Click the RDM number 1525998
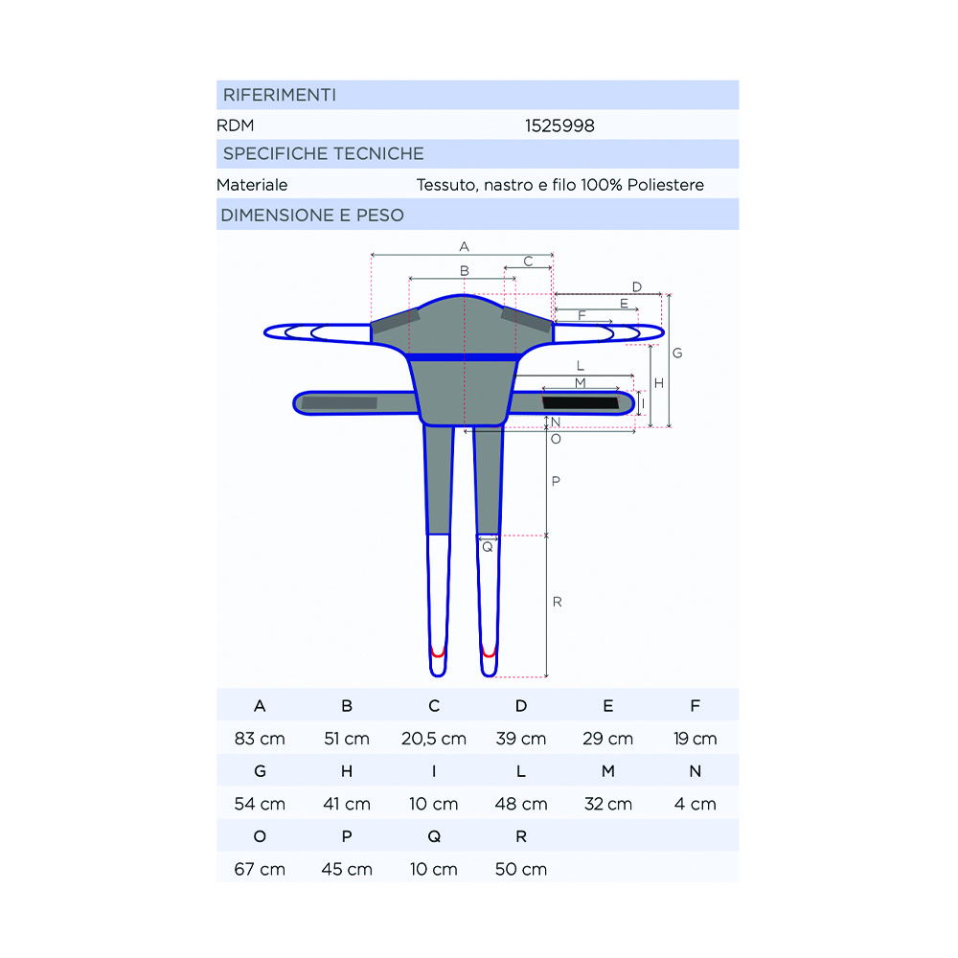pyautogui.click(x=559, y=125)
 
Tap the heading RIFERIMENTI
pyautogui.click(x=279, y=95)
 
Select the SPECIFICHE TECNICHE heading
pyautogui.click(x=323, y=153)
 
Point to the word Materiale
pyautogui.click(x=252, y=185)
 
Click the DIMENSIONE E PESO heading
pyautogui.click(x=312, y=215)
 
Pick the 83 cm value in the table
pyautogui.click(x=260, y=739)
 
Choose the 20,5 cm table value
pyautogui.click(x=434, y=739)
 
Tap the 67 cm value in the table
pyautogui.click(x=260, y=869)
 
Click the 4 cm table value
pyautogui.click(x=696, y=804)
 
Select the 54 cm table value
pyautogui.click(x=260, y=804)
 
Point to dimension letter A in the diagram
pyautogui.click(x=464, y=247)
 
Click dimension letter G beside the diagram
pyautogui.click(x=677, y=354)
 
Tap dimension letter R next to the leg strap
pyautogui.click(x=557, y=602)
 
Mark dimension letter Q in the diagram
pyautogui.click(x=488, y=548)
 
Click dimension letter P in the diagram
pyautogui.click(x=555, y=481)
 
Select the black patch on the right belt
pyautogui.click(x=581, y=402)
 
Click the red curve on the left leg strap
pyautogui.click(x=438, y=651)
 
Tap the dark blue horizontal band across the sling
pyautogui.click(x=464, y=357)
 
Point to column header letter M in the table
pyautogui.click(x=608, y=771)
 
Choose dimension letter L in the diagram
pyautogui.click(x=581, y=366)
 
